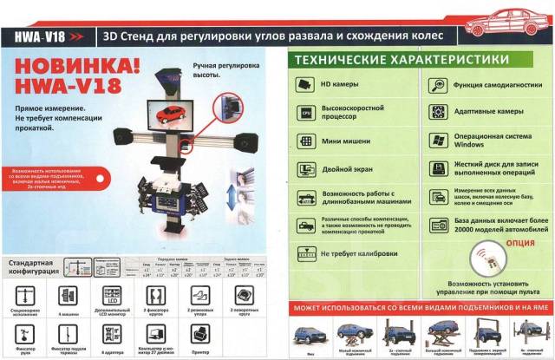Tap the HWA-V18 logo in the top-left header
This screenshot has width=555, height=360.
[x=39, y=37]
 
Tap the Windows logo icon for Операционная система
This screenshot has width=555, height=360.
[x=436, y=141]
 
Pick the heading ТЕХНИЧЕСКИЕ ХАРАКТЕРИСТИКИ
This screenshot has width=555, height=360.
[x=400, y=59]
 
